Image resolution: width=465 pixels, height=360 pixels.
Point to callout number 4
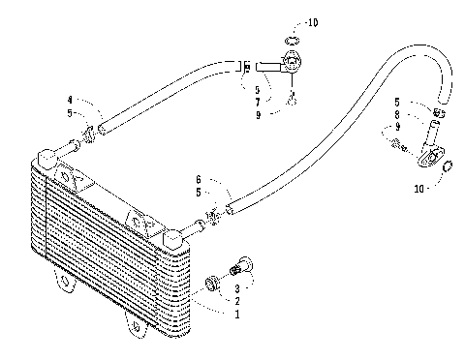tap(71, 100)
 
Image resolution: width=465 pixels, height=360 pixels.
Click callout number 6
tap(198, 179)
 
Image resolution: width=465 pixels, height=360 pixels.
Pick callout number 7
tap(256, 101)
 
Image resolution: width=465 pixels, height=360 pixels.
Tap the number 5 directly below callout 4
tap(71, 113)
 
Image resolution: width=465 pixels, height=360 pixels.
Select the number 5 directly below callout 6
tap(198, 193)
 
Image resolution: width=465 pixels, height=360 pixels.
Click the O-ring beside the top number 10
tap(294, 40)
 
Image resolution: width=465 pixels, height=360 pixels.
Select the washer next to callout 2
tap(212, 284)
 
